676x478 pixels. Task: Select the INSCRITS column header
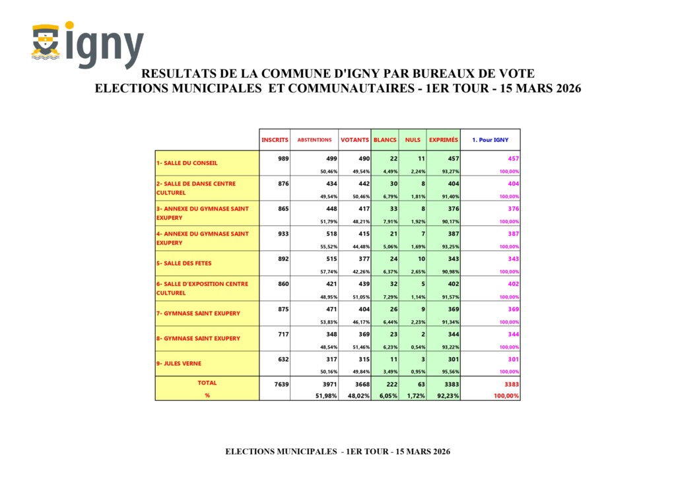275,140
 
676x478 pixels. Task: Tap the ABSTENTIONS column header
314,140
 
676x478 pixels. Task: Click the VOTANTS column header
355,140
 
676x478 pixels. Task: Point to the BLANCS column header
385,140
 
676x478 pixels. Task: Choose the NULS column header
413,140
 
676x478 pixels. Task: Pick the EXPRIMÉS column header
444,140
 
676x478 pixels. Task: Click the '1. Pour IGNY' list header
490,140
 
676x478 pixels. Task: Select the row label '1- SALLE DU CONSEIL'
187,162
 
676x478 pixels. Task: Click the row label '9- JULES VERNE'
179,363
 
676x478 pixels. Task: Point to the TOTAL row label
207,383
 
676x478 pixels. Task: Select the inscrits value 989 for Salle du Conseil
283,158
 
